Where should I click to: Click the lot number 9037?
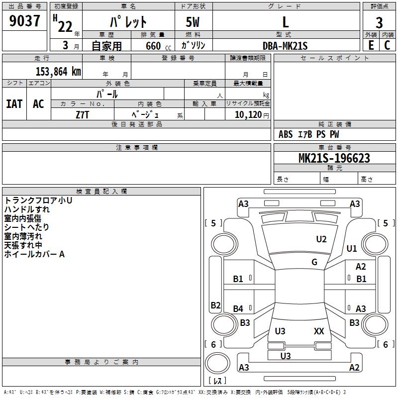[x=25, y=21]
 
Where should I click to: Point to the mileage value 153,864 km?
[x=58, y=71]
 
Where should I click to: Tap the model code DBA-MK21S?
[x=285, y=45]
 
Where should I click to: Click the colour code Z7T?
[x=83, y=114]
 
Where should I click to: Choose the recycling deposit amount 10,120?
[x=247, y=115]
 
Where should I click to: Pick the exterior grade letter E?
[x=371, y=45]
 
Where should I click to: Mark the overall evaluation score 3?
[x=379, y=22]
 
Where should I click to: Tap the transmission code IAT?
[x=14, y=103]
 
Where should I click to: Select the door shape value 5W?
[x=193, y=22]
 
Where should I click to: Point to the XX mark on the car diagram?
[x=319, y=331]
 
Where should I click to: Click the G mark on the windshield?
[x=314, y=262]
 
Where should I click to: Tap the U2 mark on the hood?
[x=321, y=239]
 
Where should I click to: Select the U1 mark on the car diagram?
[x=352, y=248]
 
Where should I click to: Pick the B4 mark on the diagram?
[x=238, y=309]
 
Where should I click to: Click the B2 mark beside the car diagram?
[x=215, y=305]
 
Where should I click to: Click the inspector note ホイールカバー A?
[x=34, y=254]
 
